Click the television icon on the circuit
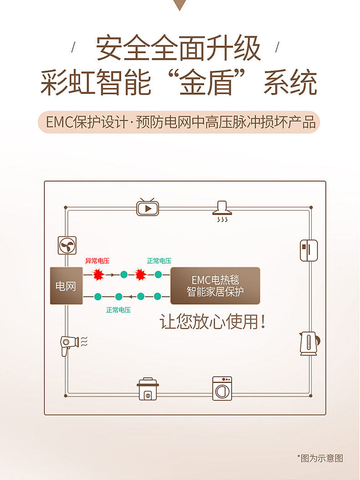[x=147, y=207]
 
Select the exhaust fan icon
[x=67, y=245]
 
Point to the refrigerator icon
[x=309, y=250]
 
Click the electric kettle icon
[x=309, y=344]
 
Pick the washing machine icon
[x=222, y=388]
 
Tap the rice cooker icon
[x=147, y=389]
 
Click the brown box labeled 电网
[x=66, y=286]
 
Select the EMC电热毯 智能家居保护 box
[x=215, y=286]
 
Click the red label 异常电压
[x=97, y=261]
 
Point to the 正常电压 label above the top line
[x=159, y=261]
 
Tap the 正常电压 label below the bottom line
[x=118, y=310]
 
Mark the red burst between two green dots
[x=141, y=274]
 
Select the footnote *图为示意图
[x=320, y=458]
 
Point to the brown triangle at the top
[x=180, y=5]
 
